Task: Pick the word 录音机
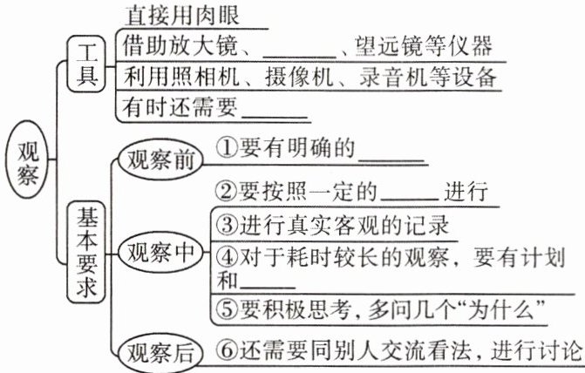click(390, 77)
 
